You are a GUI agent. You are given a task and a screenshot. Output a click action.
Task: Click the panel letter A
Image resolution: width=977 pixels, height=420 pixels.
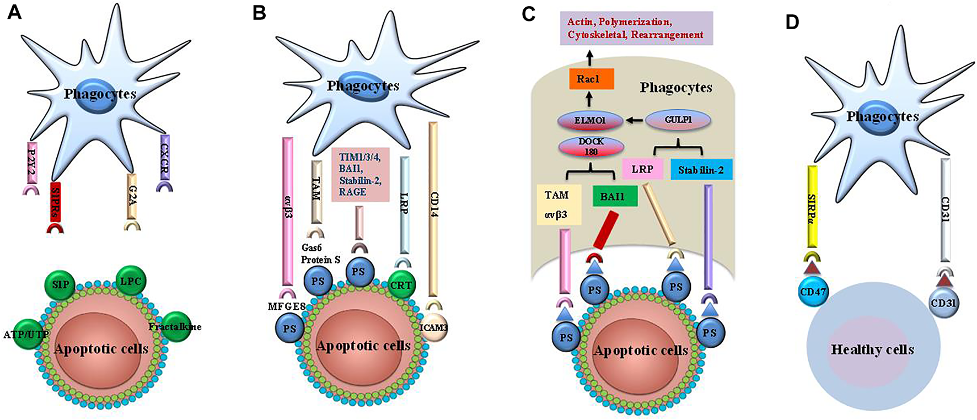[x=14, y=13]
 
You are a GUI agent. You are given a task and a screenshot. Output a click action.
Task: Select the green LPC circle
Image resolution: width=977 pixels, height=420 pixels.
[x=130, y=281]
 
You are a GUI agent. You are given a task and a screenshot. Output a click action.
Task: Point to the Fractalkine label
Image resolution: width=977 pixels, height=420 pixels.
[x=175, y=327]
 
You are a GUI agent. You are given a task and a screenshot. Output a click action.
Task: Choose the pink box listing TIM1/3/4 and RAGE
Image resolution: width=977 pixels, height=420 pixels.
[x=361, y=174]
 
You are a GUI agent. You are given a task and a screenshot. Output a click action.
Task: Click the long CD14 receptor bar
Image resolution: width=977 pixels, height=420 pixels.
[x=433, y=209]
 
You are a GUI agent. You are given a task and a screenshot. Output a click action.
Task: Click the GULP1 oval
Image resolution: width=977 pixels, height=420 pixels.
[x=678, y=119]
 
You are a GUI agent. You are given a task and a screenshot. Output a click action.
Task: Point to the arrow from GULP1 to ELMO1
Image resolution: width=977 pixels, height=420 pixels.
[x=635, y=119]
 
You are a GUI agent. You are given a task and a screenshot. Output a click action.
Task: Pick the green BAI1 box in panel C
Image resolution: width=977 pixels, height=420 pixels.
[x=615, y=196]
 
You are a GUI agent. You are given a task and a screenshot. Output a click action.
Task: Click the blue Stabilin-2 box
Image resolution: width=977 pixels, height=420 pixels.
[x=701, y=170]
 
